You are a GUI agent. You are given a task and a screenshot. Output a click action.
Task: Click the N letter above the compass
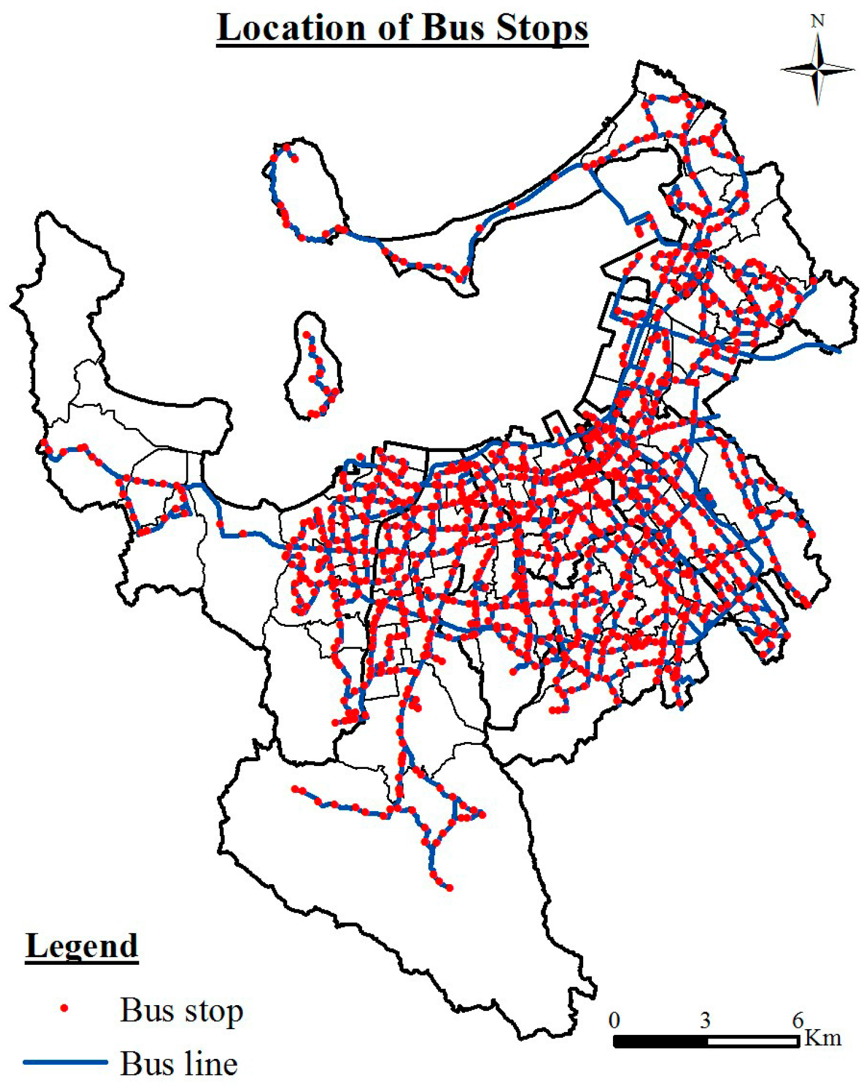tap(818, 21)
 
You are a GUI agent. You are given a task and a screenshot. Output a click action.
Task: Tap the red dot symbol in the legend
tap(65, 1008)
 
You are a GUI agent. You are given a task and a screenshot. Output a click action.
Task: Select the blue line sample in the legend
tap(65, 1062)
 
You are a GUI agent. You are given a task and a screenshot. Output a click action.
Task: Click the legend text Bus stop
tap(181, 1010)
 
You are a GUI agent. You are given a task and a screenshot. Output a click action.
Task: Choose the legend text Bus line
tap(179, 1063)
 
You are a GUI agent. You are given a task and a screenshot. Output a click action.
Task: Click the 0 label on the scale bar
tap(614, 1020)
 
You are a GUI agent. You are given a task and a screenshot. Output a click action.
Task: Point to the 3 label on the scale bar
tap(705, 1020)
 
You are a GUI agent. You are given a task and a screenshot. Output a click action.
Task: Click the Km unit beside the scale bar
tap(823, 1038)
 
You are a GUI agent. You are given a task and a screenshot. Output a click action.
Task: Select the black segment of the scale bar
tap(660, 1041)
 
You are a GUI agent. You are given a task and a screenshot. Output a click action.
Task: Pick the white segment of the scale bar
tap(753, 1041)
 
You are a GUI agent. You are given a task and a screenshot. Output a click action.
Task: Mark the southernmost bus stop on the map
tap(450, 888)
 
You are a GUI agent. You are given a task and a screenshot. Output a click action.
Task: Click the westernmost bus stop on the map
tap(42, 443)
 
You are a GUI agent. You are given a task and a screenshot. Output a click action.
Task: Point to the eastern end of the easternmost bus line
tap(839, 351)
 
